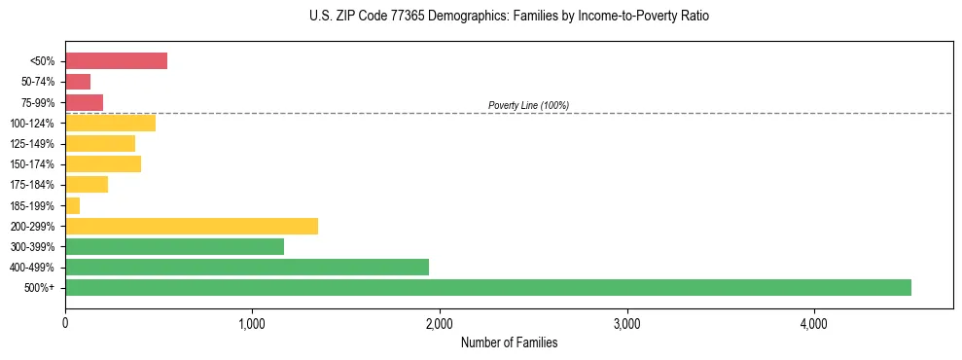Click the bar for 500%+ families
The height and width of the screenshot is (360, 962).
[x=487, y=287]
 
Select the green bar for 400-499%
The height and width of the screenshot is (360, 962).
[x=247, y=267]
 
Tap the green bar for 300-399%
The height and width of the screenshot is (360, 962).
[x=174, y=246]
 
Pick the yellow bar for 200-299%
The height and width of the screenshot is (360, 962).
[x=192, y=226]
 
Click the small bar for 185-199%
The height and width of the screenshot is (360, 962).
[x=73, y=205]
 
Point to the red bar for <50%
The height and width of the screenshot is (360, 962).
[x=116, y=61]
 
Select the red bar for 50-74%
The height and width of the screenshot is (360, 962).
[x=78, y=82]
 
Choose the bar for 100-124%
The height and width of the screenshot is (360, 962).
[x=110, y=123]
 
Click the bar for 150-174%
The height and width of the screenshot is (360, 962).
[x=103, y=163]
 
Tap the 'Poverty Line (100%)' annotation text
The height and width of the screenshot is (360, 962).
[x=528, y=105]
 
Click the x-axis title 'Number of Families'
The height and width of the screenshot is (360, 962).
[x=509, y=343]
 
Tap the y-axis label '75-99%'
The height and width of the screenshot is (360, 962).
[x=38, y=102]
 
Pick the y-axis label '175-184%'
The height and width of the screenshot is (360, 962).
[x=34, y=185]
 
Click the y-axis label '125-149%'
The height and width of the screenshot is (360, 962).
[x=34, y=144]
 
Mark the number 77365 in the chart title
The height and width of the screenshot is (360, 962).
[x=396, y=17]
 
